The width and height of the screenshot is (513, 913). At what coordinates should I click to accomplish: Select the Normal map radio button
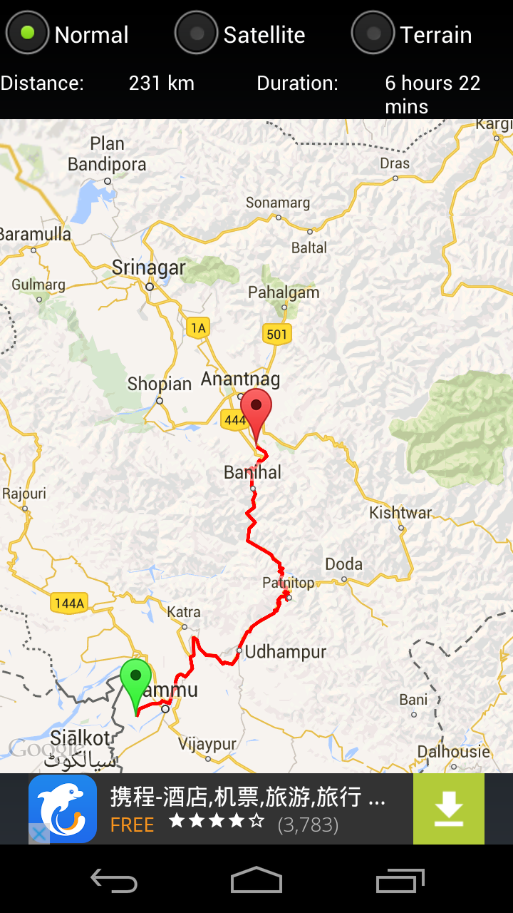[x=27, y=33]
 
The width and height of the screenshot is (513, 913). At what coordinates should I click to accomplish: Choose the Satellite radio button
[x=196, y=33]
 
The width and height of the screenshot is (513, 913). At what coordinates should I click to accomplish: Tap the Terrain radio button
[x=373, y=33]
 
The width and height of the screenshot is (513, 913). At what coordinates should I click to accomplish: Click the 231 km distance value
[x=162, y=83]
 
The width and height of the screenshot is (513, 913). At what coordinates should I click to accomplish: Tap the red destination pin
[x=256, y=409]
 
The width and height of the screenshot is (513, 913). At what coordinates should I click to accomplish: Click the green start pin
[x=135, y=678]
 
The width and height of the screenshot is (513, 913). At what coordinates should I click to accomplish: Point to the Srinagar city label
[x=148, y=269]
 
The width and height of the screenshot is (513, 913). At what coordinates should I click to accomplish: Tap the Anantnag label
[x=240, y=379]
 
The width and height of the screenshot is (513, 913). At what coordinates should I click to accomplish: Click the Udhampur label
[x=286, y=652]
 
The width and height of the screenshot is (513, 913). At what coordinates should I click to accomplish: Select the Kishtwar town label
[x=400, y=513]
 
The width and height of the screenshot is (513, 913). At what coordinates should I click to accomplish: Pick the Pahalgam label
[x=284, y=292]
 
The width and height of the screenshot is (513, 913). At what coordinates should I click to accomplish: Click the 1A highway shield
[x=198, y=328]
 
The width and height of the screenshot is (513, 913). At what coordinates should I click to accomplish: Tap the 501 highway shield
[x=276, y=334]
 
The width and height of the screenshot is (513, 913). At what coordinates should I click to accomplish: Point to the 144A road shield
[x=69, y=603]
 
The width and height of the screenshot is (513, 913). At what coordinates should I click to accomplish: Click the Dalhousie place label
[x=453, y=752]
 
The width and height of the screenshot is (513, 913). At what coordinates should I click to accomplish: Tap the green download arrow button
[x=448, y=809]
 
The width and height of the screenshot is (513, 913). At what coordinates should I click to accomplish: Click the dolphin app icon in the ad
[x=63, y=809]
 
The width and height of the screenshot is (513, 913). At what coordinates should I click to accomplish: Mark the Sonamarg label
[x=278, y=203]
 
